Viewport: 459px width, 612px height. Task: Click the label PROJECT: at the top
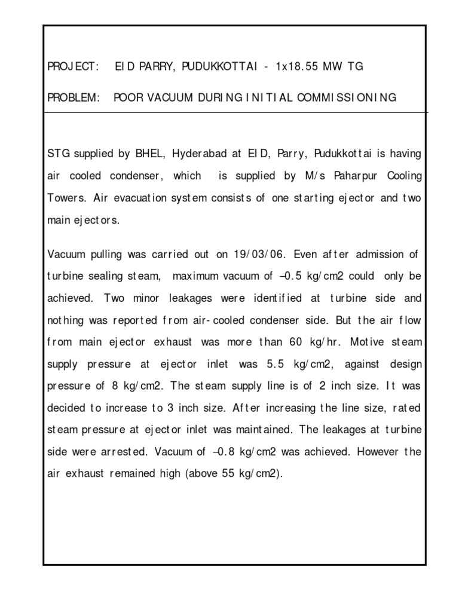[72, 67]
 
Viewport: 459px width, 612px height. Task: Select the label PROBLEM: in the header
[73, 97]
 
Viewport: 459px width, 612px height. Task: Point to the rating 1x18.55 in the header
[298, 67]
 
